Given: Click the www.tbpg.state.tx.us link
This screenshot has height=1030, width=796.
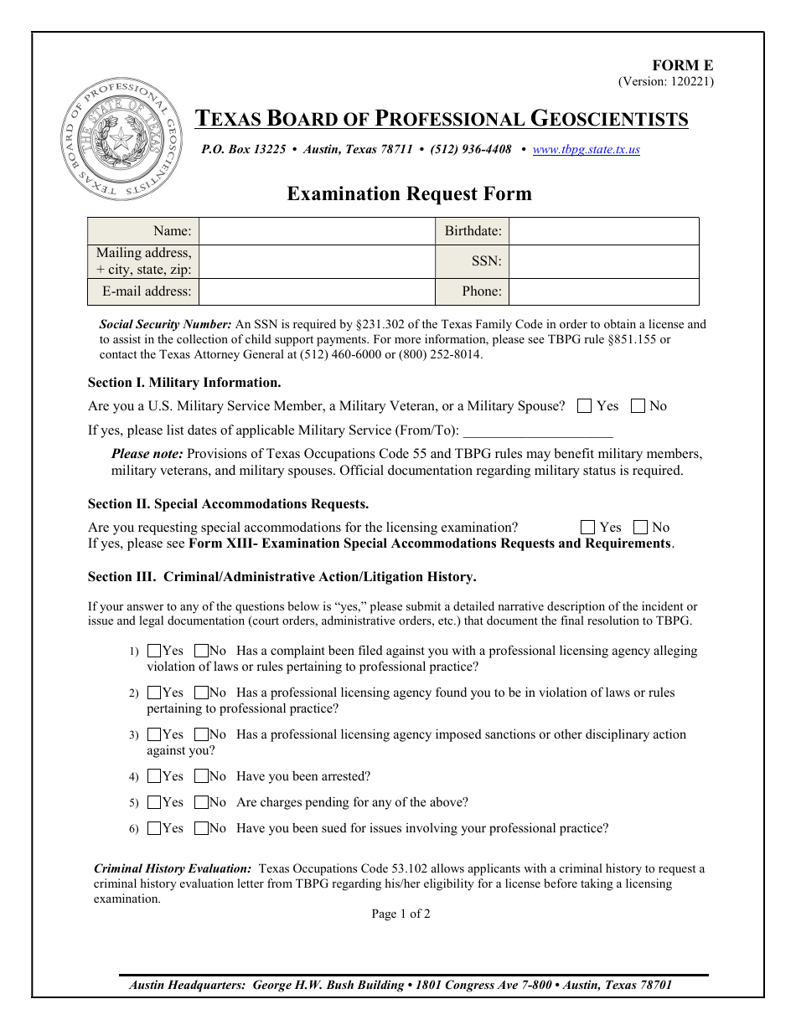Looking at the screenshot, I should point(586,150).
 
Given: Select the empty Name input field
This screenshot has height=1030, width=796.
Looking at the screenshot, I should point(317,231).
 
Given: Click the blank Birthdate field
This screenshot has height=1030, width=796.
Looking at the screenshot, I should point(603,231).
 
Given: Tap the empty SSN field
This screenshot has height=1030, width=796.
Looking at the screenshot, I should point(603,261).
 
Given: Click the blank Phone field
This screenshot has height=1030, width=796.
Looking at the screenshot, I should point(603,291).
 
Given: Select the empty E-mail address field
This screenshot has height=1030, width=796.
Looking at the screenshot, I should point(317,291).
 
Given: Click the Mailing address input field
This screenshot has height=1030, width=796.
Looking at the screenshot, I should point(317,261).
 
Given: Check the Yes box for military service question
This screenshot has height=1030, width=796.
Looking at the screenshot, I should point(585,406).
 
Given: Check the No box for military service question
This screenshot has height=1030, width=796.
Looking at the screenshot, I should point(638,406).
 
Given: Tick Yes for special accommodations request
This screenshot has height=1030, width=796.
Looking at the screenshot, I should point(587,528).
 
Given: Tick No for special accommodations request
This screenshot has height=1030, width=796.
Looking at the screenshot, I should point(640,528).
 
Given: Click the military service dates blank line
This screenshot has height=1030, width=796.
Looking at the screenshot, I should point(537,431).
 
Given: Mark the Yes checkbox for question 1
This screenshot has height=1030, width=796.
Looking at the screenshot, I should point(154,651).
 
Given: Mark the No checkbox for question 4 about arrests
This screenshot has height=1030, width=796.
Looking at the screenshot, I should point(201,776).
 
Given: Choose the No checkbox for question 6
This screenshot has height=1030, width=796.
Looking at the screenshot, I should point(201,828).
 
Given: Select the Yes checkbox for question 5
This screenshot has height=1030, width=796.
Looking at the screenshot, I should point(154,802).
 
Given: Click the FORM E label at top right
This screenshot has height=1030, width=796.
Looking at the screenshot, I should point(683,66).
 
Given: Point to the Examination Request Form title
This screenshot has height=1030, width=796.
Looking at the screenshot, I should point(409,194).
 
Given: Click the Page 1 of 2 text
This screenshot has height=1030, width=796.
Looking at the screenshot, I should point(401,914).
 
